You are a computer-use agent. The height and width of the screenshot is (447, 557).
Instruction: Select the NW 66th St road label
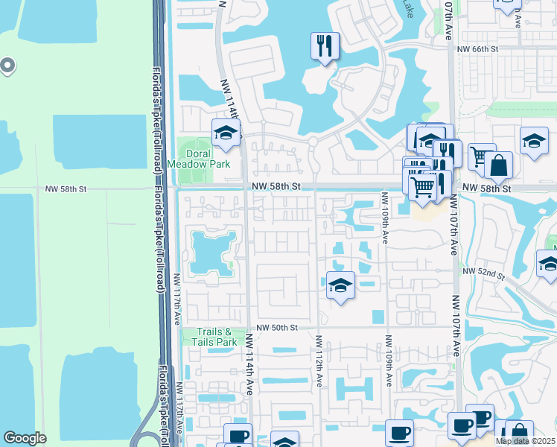(x=477, y=49)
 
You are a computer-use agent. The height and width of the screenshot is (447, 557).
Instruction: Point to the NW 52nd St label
(x=483, y=273)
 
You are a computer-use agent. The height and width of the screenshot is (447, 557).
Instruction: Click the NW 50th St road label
(x=277, y=328)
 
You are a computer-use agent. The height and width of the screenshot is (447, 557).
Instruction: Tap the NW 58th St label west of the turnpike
(x=66, y=189)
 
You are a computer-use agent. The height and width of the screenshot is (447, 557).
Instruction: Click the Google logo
(x=25, y=438)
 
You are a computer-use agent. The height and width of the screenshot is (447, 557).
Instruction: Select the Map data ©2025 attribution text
(x=526, y=441)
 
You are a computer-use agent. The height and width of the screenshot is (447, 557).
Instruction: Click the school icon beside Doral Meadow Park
(x=226, y=133)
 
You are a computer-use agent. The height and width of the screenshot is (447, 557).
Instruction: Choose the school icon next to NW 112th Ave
(x=340, y=285)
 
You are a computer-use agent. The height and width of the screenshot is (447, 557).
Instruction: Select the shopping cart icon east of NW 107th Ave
(x=481, y=156)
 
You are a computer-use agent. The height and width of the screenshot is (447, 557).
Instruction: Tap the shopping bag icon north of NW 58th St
(x=499, y=165)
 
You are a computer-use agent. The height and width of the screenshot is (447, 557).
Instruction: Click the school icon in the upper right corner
(x=534, y=141)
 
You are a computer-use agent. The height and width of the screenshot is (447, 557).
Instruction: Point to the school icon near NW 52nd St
(x=549, y=264)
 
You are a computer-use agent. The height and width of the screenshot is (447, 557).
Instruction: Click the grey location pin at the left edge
(x=8, y=66)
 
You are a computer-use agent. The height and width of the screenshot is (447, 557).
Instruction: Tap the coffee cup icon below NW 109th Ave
(x=400, y=433)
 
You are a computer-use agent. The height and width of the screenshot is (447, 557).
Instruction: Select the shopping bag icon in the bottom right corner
(x=518, y=433)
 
